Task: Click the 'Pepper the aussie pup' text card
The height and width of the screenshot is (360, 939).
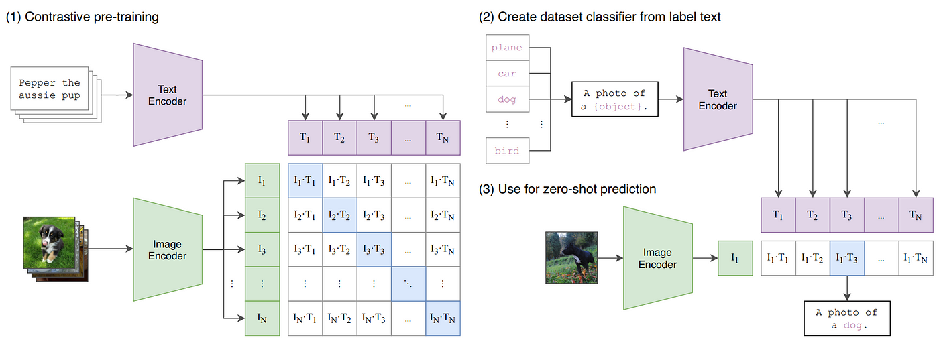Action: [x=49, y=89]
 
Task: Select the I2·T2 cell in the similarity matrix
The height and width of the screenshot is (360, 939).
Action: [x=339, y=215]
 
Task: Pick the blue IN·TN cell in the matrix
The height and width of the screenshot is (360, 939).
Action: [x=443, y=318]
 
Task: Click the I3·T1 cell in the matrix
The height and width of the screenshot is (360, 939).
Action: [x=305, y=249]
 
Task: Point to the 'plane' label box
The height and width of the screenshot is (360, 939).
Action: [x=507, y=48]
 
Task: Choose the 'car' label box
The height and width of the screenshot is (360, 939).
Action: [x=507, y=74]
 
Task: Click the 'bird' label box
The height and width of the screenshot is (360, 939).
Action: [x=507, y=151]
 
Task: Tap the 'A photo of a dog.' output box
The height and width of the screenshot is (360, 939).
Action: [x=846, y=318]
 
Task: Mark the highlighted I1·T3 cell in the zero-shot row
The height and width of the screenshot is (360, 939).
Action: [x=847, y=257]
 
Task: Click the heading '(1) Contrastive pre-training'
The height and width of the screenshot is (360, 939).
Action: [x=82, y=17]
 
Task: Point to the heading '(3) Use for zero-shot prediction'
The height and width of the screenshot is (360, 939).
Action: [x=567, y=189]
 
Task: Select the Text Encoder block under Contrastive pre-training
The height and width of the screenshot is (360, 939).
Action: [x=168, y=95]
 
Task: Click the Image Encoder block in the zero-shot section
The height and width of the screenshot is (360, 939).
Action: [x=657, y=259]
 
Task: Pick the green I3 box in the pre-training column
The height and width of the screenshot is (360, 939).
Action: [x=262, y=249]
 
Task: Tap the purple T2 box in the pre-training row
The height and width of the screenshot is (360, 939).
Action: [x=339, y=137]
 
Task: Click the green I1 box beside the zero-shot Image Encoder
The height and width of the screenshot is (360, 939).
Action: [x=735, y=257]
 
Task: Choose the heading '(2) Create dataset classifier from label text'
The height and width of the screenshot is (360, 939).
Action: [x=600, y=17]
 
